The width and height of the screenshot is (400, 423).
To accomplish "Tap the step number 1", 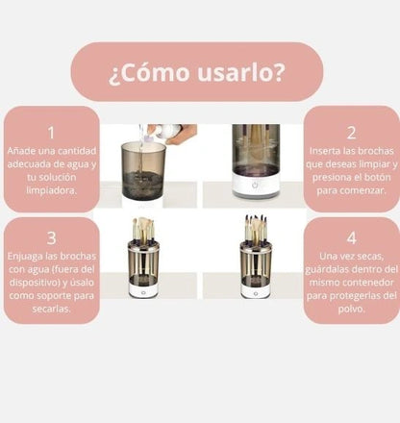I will (51, 133).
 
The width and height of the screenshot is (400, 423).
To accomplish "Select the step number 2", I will (350, 133).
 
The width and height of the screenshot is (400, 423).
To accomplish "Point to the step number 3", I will (51, 236).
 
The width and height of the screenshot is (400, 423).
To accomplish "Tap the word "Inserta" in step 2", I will (326, 152).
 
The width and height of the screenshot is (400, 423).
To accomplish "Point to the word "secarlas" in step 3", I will (51, 311).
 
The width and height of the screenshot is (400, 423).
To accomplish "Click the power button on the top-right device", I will (256, 185).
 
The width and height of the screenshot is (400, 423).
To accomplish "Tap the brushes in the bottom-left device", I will (143, 229).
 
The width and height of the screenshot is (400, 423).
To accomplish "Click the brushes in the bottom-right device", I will (256, 229).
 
